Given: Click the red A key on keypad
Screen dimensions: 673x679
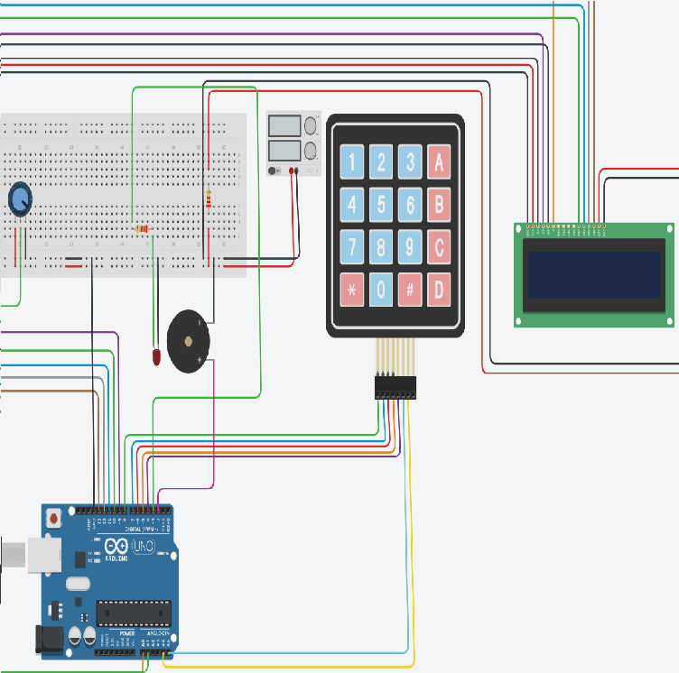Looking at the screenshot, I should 439,162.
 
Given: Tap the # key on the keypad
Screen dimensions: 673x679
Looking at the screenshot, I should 410,290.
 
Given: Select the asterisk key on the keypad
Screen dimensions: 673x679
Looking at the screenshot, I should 352,290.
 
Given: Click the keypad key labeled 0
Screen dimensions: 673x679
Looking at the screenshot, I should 381,290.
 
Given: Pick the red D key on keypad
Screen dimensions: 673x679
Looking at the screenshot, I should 439,290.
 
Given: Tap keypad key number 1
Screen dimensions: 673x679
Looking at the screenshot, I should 352,162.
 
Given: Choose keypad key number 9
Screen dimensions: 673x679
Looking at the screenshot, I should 410,247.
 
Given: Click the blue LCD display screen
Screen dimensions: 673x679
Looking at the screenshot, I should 594,274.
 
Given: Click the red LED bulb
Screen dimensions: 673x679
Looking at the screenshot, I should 157,357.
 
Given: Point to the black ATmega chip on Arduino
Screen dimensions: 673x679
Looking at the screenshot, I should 134,613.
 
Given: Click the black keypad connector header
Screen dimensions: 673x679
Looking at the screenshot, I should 395,387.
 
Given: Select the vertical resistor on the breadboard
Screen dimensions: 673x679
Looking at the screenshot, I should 209,199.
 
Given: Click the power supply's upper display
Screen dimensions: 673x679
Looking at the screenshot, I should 285,125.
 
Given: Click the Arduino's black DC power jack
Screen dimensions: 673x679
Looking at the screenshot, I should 51,639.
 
